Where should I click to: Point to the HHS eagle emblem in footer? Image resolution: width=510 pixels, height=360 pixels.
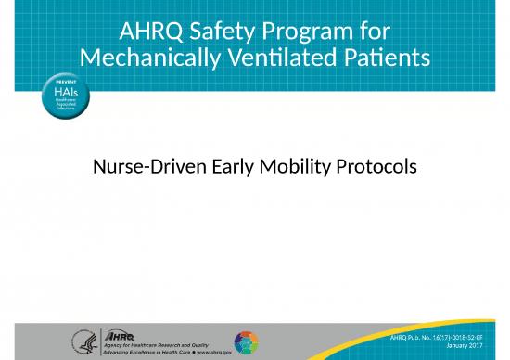click(84, 341)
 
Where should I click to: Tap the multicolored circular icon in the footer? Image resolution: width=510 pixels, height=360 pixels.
click(246, 341)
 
